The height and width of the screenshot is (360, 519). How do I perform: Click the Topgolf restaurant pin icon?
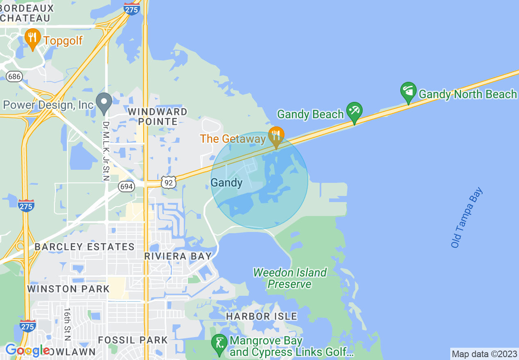[32, 38]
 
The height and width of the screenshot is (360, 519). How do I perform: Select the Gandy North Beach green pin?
[408, 92]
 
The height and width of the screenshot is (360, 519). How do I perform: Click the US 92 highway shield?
[169, 182]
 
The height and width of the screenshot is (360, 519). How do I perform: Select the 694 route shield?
[126, 187]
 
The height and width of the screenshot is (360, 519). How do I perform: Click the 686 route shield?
[14, 76]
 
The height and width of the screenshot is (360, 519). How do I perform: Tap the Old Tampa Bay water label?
[467, 218]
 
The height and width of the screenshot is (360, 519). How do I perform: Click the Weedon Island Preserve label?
[290, 278]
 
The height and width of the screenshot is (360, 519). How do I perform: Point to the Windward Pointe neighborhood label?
[158, 117]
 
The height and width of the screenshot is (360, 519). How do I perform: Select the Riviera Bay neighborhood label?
[178, 256]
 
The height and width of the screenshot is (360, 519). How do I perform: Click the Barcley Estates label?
[84, 247]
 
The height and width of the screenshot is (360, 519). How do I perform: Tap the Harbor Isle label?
[262, 316]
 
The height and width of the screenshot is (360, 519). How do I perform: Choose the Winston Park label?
[68, 289]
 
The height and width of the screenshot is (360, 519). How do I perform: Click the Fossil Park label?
[133, 340]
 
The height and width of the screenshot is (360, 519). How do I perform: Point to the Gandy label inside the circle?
[226, 182]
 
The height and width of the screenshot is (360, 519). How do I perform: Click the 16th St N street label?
[67, 324]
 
